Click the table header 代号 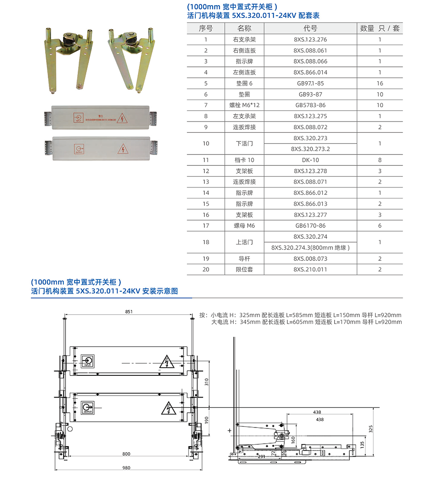coord(310,28)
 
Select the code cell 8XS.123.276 coord(310,39)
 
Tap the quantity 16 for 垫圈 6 coord(380,83)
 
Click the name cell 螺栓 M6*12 coord(244,105)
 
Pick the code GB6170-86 coord(310,226)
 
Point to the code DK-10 coord(310,160)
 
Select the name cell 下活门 coord(244,143)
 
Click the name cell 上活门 coord(244,242)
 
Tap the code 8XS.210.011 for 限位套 coord(310,270)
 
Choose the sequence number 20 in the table coord(206,270)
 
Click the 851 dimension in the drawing coord(128,312)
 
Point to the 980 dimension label coord(126,467)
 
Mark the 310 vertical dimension coord(207,382)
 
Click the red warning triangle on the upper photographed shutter coord(123,118)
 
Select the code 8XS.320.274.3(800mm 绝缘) coord(310,248)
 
